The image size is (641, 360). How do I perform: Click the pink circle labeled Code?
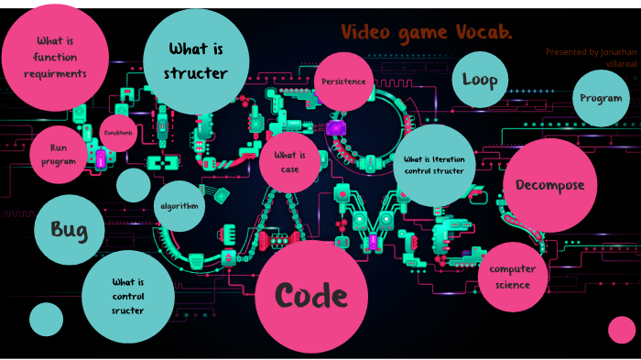click(x=311, y=295)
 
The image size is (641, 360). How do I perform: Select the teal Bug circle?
click(x=70, y=229)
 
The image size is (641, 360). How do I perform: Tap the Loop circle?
click(x=480, y=80)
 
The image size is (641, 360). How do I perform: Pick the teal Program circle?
click(x=601, y=98)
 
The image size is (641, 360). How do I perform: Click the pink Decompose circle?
click(x=549, y=185)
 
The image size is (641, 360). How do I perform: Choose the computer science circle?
click(x=512, y=276)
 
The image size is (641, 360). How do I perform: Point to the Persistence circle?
click(x=343, y=82)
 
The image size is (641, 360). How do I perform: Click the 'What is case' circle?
click(x=290, y=163)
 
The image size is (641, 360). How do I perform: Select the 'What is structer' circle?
click(x=196, y=61)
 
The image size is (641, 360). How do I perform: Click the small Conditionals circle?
click(x=118, y=133)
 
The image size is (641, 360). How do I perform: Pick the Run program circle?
click(x=59, y=155)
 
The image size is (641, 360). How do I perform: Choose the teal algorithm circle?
click(x=179, y=206)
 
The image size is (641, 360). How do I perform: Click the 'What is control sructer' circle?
click(x=128, y=296)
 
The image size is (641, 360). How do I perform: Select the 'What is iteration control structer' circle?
click(x=434, y=165)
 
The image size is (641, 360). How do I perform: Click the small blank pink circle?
click(x=622, y=330)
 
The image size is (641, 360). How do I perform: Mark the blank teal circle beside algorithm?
click(x=134, y=185)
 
